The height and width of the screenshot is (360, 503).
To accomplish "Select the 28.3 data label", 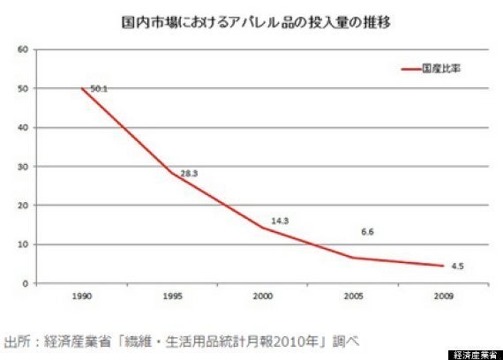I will click(x=188, y=174).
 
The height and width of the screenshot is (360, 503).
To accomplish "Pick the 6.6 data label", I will click(x=370, y=232).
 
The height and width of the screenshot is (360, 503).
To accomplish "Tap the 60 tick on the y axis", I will click(x=21, y=49).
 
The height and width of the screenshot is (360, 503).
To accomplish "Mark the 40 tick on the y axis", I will click(x=21, y=127).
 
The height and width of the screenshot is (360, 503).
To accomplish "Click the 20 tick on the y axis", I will click(x=21, y=205).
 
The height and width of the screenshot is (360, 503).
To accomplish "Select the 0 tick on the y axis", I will click(x=24, y=283).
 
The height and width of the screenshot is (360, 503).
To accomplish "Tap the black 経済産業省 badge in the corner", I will click(x=475, y=354).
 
